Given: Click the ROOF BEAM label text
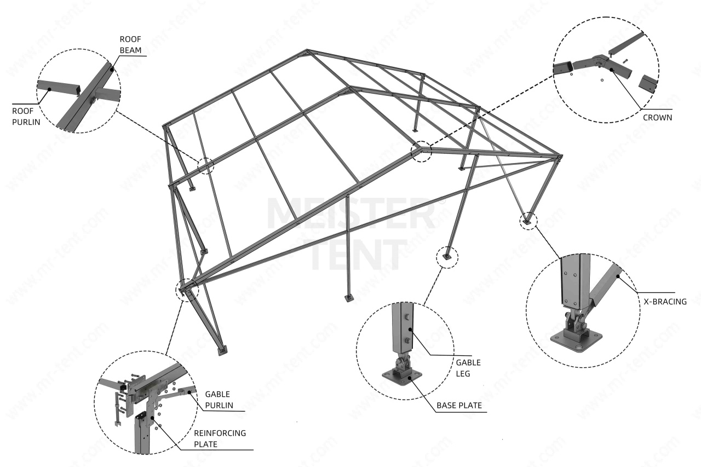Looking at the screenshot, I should tap(131, 45).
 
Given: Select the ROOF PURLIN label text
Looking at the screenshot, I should tap(27, 115).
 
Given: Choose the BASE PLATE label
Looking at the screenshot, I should tap(458, 406).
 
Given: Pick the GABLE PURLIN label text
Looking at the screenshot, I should tap(217, 400).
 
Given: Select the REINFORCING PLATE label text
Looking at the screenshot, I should tap(220, 438).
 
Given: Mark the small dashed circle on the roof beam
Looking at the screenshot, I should tap(206, 165).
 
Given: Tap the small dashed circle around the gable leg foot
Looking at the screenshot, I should tap(447, 256).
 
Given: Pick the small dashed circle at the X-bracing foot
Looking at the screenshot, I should tap(528, 221).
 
